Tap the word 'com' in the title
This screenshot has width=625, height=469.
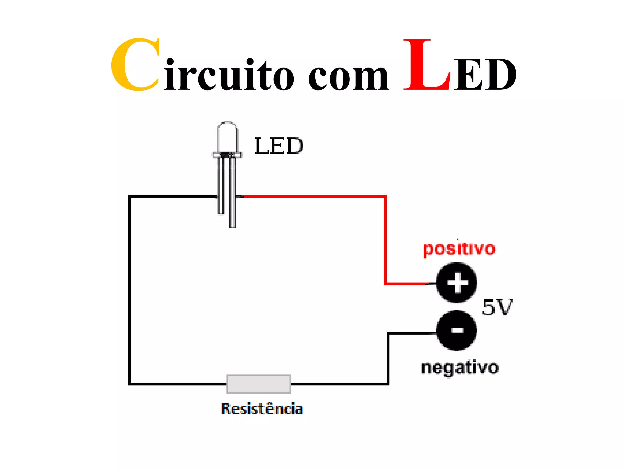coord(348,76)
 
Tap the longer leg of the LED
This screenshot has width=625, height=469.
coord(233,208)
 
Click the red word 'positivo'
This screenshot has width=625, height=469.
coord(459,249)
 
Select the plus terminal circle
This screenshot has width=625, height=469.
coord(457,282)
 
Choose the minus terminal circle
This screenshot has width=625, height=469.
coord(457,330)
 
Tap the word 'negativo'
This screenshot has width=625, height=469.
coord(460,368)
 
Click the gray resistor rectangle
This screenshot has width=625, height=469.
coord(258,384)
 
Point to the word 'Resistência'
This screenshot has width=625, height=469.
coord(262,409)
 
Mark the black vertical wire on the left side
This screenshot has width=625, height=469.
coord(129,290)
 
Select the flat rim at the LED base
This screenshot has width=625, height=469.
coord(227,155)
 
